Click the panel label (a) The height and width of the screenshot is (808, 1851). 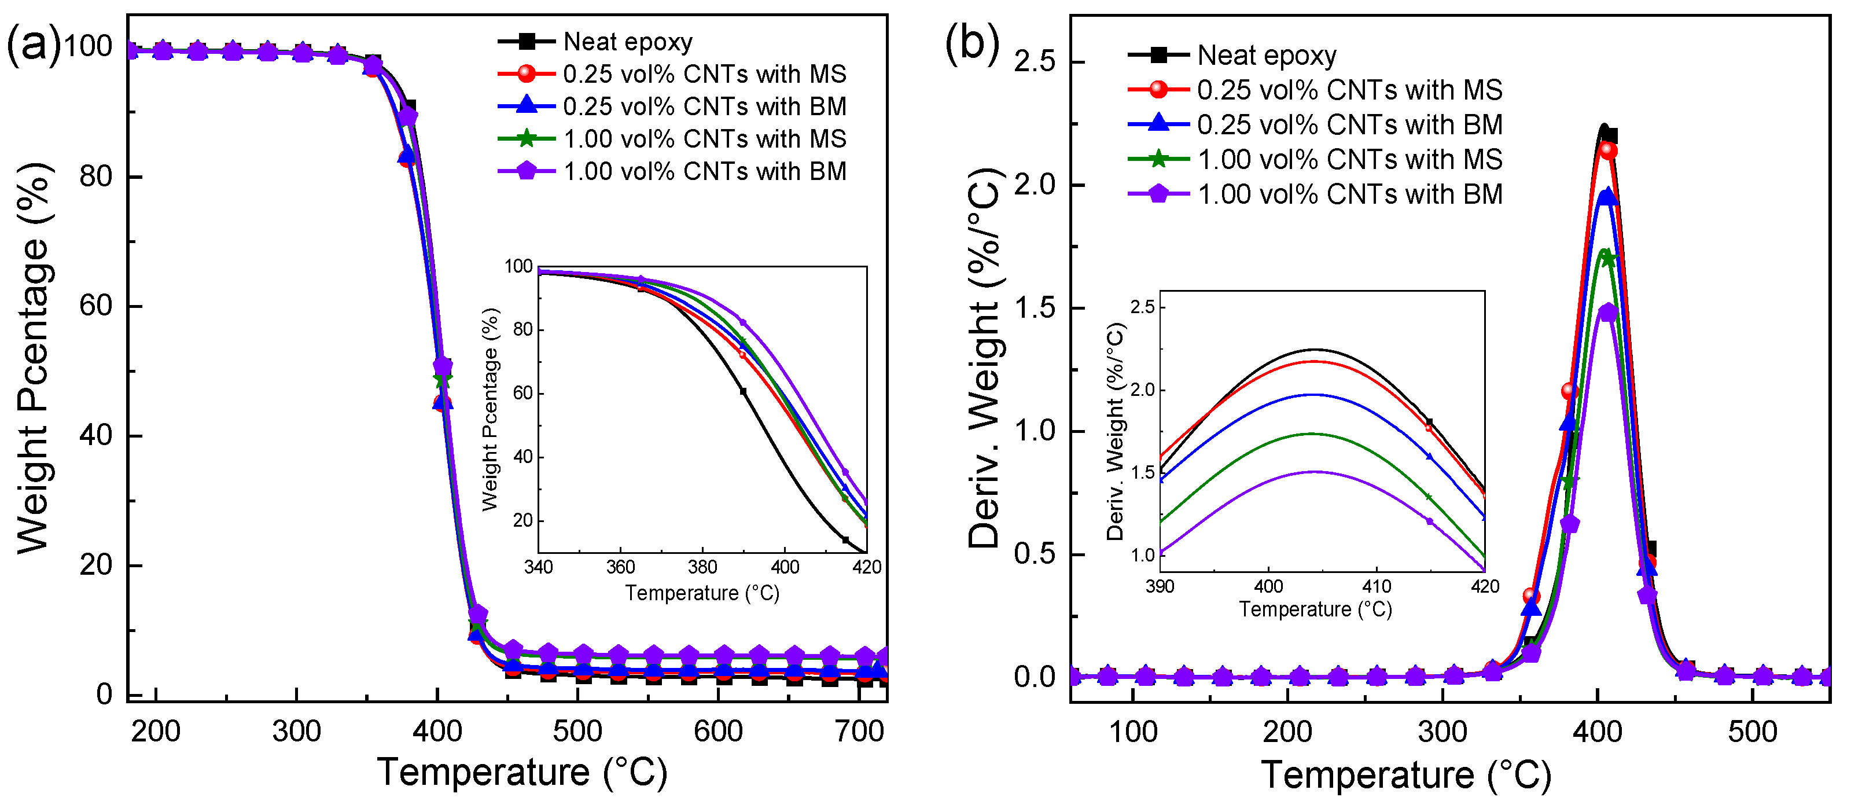(34, 45)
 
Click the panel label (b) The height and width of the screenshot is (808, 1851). (972, 44)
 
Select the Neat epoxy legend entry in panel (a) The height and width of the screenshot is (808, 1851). (627, 42)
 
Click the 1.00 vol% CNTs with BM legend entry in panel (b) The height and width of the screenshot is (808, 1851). (1349, 194)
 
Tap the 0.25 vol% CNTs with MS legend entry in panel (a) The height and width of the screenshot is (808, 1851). (704, 74)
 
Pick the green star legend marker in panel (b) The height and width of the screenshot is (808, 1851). (1158, 159)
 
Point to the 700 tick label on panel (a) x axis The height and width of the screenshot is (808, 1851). (859, 732)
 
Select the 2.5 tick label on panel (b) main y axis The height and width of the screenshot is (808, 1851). (1034, 62)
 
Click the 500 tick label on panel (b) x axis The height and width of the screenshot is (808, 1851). (1752, 732)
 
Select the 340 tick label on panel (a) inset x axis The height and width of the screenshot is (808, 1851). (538, 567)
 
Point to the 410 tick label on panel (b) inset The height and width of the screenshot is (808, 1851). (1376, 586)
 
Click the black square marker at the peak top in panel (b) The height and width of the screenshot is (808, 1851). (1610, 135)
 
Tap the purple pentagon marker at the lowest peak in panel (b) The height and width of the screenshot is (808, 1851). (1608, 313)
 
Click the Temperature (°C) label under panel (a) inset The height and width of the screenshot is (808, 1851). (702, 593)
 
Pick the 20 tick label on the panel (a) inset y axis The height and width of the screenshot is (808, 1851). (522, 520)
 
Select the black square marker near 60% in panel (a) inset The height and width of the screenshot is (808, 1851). (743, 392)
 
